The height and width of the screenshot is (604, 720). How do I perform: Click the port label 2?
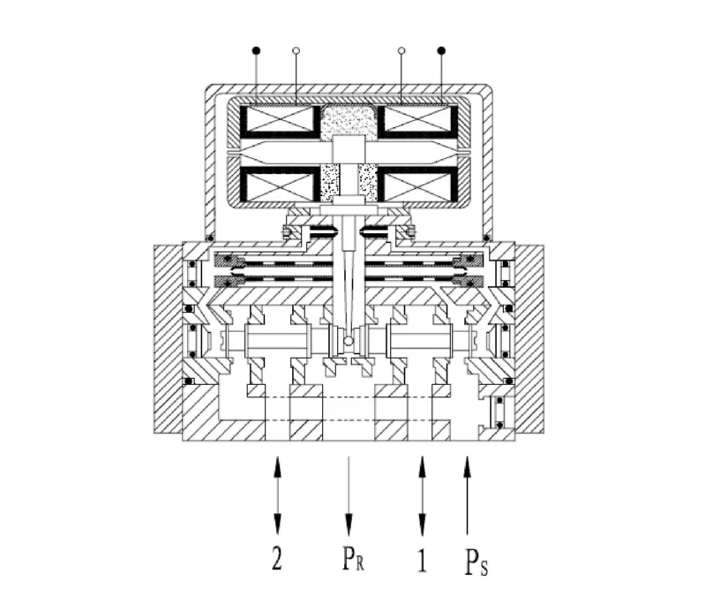(x=277, y=561)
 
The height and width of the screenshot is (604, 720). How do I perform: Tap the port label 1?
(x=422, y=561)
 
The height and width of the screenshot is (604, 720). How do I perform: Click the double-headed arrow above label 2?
(x=278, y=495)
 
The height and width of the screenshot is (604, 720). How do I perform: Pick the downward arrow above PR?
(x=350, y=495)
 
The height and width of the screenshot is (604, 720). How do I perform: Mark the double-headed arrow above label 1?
(x=423, y=495)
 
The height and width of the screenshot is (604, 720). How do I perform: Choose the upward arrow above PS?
(x=468, y=495)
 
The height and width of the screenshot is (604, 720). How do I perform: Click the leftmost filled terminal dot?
(x=257, y=49)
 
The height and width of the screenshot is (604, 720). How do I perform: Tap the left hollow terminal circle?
(x=296, y=50)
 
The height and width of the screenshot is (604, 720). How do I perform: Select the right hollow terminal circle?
(x=402, y=50)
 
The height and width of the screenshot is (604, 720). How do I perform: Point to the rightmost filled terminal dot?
(x=441, y=49)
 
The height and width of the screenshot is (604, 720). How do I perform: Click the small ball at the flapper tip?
(x=349, y=341)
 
